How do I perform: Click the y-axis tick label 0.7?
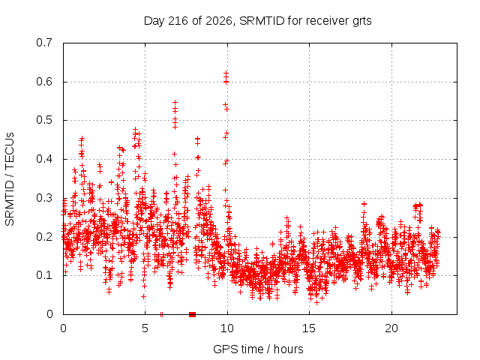tap(44, 43)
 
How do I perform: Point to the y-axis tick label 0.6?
tap(44, 82)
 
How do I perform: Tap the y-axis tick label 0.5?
tap(44, 120)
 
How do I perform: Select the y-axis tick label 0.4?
tap(44, 159)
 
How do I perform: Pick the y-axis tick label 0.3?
tap(44, 198)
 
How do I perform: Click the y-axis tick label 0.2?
tap(44, 237)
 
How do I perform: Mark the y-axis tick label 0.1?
tap(44, 275)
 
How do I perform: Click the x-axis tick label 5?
tap(145, 328)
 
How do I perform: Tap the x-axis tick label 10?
tap(226, 328)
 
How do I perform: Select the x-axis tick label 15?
tap(309, 328)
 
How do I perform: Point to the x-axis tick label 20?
tap(391, 328)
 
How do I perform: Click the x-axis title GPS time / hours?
tap(258, 349)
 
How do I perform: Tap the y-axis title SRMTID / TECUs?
tap(10, 179)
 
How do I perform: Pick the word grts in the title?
tap(362, 22)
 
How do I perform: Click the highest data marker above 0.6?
tap(226, 73)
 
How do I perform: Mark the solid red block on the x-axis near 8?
tap(192, 314)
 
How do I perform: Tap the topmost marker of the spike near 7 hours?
tap(175, 102)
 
